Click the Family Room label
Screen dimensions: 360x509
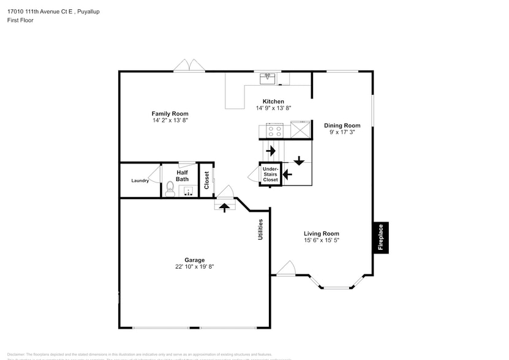(x=170, y=113)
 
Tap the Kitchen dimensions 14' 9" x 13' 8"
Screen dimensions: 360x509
(x=273, y=108)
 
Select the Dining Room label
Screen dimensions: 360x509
(x=342, y=126)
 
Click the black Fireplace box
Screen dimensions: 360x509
(x=380, y=237)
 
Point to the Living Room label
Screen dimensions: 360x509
(x=321, y=233)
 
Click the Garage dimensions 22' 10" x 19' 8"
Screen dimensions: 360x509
(x=194, y=266)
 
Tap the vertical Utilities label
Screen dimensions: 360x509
(x=260, y=229)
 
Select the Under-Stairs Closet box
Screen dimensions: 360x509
(x=270, y=174)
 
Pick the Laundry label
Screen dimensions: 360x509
(x=140, y=181)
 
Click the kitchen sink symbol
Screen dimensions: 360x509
(x=268, y=78)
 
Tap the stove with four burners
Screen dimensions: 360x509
(x=274, y=130)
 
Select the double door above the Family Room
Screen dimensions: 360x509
(x=189, y=66)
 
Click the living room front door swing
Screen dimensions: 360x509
(x=286, y=268)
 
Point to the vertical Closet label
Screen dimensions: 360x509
(x=207, y=179)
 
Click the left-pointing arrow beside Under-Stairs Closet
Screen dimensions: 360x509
(x=286, y=174)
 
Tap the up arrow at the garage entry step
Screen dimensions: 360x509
(x=224, y=207)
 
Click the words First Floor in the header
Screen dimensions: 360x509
(x=20, y=20)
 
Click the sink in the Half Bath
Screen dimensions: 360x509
(x=187, y=190)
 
